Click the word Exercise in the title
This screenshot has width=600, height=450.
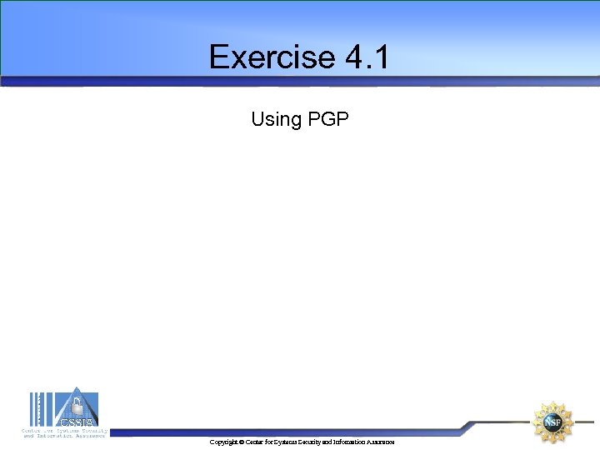pyautogui.click(x=271, y=57)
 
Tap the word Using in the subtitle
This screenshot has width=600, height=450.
pyautogui.click(x=276, y=119)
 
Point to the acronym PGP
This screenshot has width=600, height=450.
pyautogui.click(x=327, y=119)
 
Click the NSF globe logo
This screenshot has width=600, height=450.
pyautogui.click(x=552, y=422)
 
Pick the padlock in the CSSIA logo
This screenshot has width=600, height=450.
pyautogui.click(x=77, y=406)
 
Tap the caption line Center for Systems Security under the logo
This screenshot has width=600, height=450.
pyautogui.click(x=65, y=431)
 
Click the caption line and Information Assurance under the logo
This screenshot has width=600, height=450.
pyautogui.click(x=65, y=436)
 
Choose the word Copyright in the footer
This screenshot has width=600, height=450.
pyautogui.click(x=223, y=442)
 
